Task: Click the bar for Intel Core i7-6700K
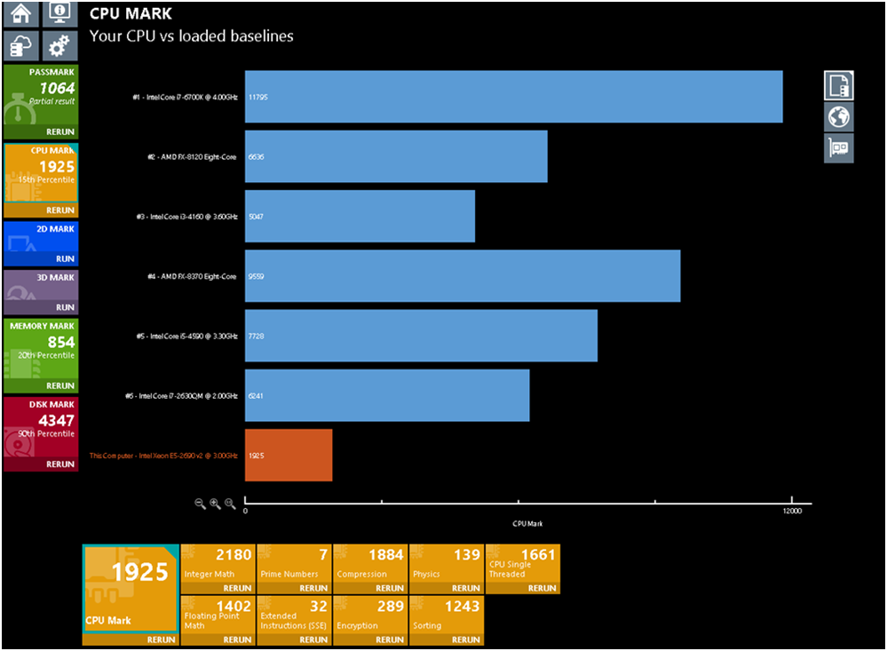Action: [513, 97]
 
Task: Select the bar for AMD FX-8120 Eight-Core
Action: [395, 157]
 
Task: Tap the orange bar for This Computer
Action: [289, 456]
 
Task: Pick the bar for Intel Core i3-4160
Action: [360, 217]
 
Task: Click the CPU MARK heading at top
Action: [131, 14]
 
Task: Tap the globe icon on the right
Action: [838, 116]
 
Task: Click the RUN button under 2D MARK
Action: [66, 258]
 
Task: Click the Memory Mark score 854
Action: [60, 342]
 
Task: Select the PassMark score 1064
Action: [58, 88]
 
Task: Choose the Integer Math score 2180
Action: [234, 555]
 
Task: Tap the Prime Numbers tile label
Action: [289, 574]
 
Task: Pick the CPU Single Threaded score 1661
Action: [537, 555]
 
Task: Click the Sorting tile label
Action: [427, 625]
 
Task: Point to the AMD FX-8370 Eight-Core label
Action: [192, 277]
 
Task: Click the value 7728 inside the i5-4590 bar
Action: [257, 337]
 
